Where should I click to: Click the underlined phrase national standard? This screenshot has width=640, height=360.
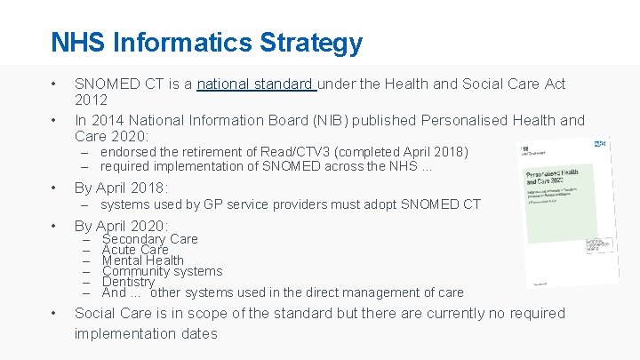(256, 84)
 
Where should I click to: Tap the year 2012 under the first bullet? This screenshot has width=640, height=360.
(92, 101)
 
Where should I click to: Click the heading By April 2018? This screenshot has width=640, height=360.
(121, 188)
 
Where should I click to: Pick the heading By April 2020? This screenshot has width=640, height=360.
(121, 226)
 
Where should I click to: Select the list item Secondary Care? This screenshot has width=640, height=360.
(150, 239)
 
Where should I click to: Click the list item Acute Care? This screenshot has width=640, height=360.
(135, 250)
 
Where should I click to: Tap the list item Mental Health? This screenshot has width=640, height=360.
(143, 260)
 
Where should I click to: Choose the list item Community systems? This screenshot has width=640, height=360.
(162, 271)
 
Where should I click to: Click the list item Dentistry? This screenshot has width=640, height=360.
(128, 282)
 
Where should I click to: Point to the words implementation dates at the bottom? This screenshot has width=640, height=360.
(146, 333)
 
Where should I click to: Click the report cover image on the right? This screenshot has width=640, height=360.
(565, 213)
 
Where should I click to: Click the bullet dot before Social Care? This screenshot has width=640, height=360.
(55, 313)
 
